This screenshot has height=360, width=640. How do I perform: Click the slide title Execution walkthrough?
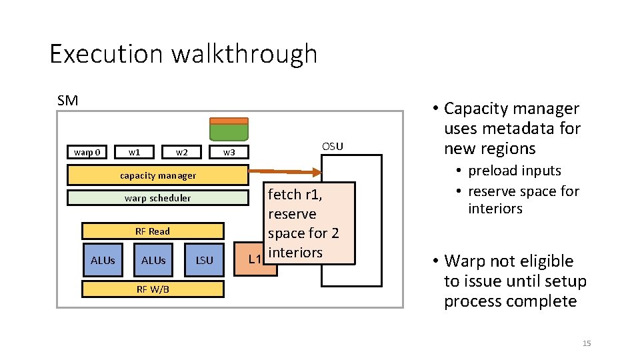[183, 54]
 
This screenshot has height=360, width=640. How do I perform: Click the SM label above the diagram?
[67, 101]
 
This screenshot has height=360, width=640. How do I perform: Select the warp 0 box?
[87, 152]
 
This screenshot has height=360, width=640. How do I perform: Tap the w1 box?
[135, 152]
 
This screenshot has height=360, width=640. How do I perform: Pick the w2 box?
[181, 152]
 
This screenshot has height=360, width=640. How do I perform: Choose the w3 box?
[229, 152]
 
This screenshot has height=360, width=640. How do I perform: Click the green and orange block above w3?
[229, 129]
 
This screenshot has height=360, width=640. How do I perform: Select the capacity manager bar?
[158, 175]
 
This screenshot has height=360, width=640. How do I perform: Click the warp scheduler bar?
[158, 198]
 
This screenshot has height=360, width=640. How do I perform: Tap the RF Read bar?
[153, 231]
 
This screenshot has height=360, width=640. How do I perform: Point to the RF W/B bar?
[153, 289]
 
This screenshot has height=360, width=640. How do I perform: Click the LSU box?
[205, 260]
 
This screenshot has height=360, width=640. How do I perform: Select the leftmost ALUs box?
[103, 260]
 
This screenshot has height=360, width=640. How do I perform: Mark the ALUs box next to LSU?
[153, 260]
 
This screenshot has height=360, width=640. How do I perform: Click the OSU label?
[332, 146]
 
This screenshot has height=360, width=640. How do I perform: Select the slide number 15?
[587, 343]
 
